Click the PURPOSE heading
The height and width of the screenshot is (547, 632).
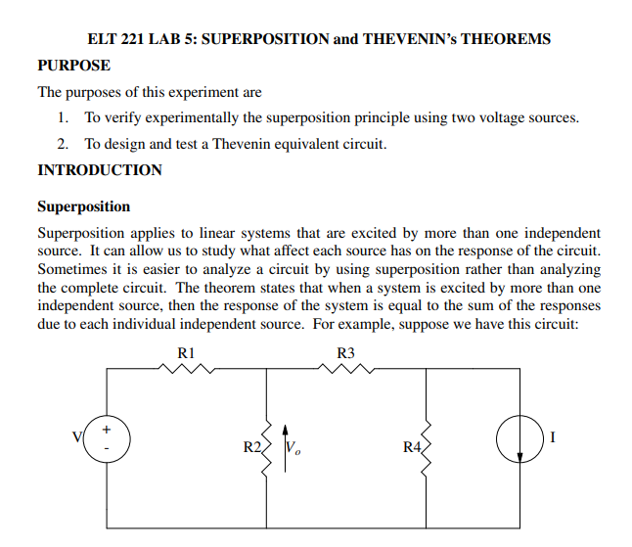tap(73, 66)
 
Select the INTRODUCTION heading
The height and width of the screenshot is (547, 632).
tap(100, 169)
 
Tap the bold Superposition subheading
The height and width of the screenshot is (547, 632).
tap(83, 206)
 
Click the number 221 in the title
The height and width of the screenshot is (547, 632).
tap(134, 40)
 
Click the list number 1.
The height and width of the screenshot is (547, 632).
tap(63, 117)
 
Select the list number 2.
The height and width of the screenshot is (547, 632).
tap(63, 144)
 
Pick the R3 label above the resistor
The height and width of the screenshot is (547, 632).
tap(345, 351)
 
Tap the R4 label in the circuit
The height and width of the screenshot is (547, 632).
tap(413, 447)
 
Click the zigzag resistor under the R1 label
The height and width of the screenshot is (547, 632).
tap(186, 370)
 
